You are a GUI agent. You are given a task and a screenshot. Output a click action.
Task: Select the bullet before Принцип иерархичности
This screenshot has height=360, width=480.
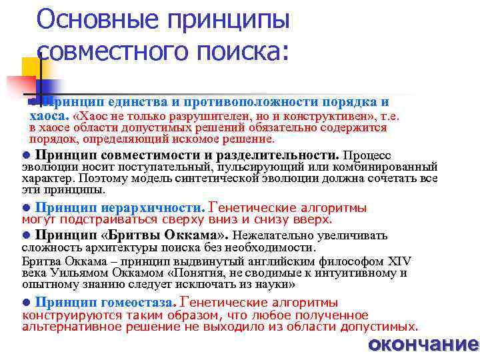pyautogui.click(x=26, y=208)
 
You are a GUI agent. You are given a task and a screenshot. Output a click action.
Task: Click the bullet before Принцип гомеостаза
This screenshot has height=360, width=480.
pyautogui.click(x=26, y=303)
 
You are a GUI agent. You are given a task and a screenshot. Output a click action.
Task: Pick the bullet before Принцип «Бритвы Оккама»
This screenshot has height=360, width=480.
pyautogui.click(x=26, y=235)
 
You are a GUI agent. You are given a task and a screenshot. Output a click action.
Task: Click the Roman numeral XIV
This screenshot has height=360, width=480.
pyautogui.click(x=399, y=261)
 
